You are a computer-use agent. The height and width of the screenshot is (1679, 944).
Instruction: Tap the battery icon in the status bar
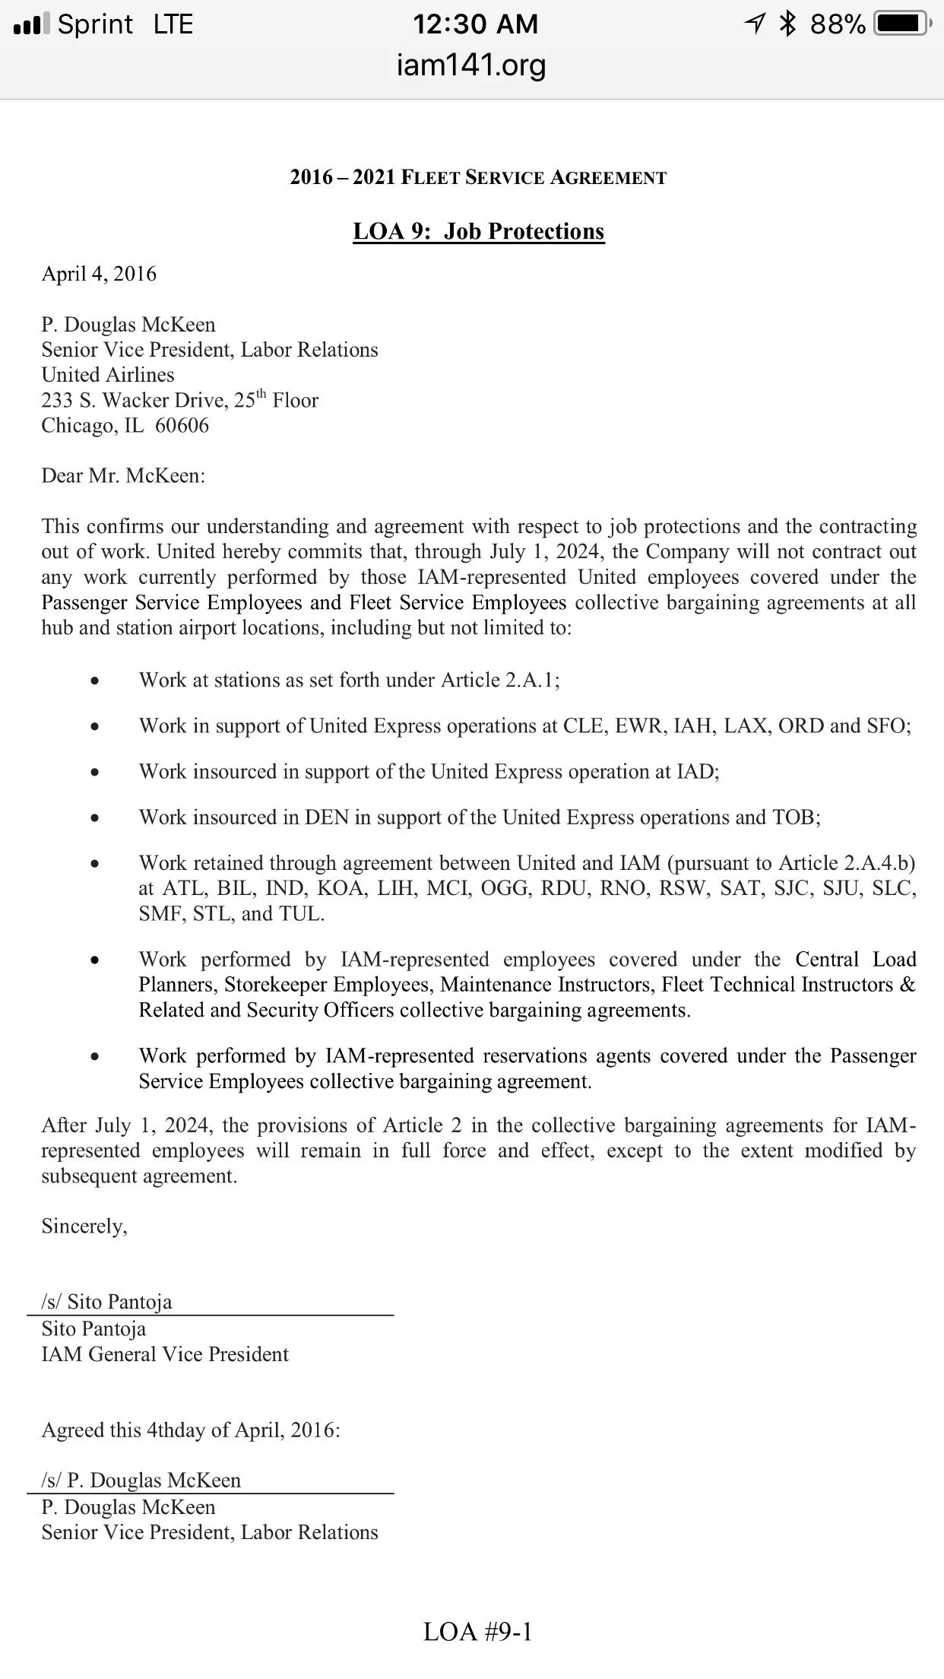tap(901, 24)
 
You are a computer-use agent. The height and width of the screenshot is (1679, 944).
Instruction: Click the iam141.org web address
tap(471, 65)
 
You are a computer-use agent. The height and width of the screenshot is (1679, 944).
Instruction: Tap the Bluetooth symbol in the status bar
tap(787, 24)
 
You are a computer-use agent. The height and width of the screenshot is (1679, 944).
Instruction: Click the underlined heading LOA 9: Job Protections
tap(478, 231)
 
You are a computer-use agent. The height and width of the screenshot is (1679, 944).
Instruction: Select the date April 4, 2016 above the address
tap(99, 274)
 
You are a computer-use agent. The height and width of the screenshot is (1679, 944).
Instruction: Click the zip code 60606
tap(182, 425)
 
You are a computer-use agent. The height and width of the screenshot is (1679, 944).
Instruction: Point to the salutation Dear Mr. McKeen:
tap(123, 476)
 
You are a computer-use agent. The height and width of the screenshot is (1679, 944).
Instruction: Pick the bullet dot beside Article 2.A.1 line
tap(94, 681)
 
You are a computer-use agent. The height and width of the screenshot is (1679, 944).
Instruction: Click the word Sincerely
tap(84, 1227)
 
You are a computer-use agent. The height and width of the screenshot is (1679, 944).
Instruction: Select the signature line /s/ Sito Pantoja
tap(106, 1302)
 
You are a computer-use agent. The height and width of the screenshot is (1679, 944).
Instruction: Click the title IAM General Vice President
tap(165, 1354)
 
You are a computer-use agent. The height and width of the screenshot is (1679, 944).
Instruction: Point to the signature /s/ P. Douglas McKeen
tap(141, 1481)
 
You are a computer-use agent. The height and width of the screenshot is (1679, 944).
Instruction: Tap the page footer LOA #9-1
tap(477, 1632)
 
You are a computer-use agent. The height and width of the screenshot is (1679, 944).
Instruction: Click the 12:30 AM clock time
tap(475, 24)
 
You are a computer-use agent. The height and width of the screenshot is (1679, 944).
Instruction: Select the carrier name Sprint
tap(95, 24)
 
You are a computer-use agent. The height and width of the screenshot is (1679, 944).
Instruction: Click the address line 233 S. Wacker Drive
tap(135, 401)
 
